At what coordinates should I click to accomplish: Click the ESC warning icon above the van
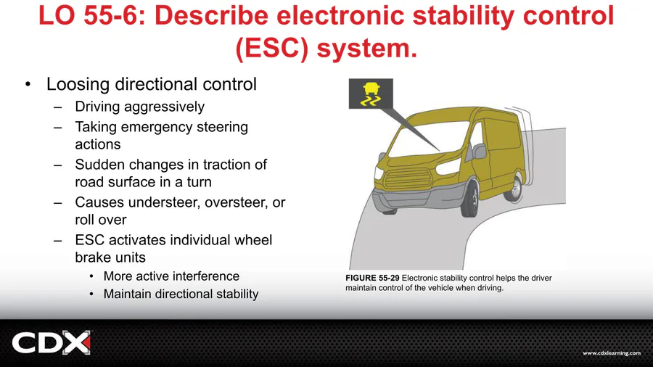pos(371,94)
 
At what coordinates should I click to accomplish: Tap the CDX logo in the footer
pos(52,343)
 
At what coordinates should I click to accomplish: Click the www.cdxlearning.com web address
pos(612,353)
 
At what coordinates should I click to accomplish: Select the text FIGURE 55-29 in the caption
pos(372,278)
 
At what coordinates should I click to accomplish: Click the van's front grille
pos(408,179)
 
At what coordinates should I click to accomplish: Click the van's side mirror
pos(479,151)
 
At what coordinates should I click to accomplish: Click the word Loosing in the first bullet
pos(78,84)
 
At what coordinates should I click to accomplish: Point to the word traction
pos(224,165)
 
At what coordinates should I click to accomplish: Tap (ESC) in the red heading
pos(272,49)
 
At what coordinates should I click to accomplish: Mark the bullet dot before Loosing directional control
pos(28,84)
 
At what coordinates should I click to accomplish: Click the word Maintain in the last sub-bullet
pos(128,294)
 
